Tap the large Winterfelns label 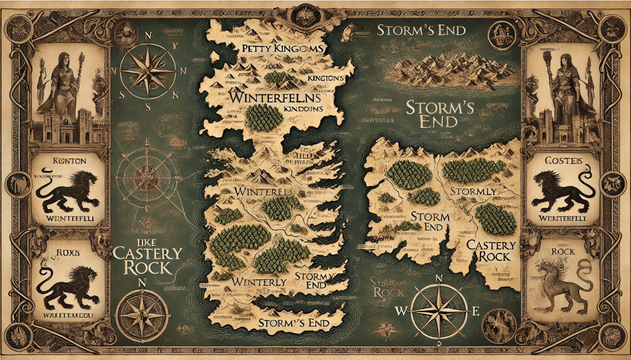[275, 97]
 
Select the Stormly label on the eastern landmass [473, 192]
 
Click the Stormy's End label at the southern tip [294, 323]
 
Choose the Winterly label [259, 282]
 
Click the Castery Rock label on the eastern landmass [491, 250]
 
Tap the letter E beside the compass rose [476, 310]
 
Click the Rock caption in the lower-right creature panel [563, 251]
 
